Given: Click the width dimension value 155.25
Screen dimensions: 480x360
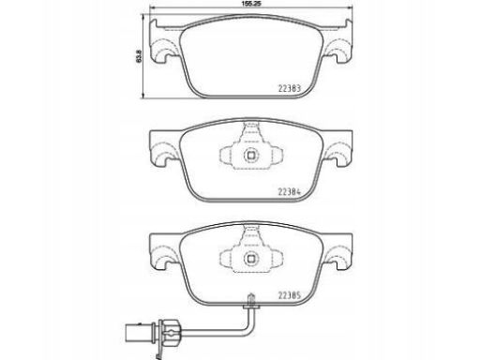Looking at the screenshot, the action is click(x=251, y=4).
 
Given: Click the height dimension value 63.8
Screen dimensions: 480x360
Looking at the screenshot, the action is click(x=139, y=55).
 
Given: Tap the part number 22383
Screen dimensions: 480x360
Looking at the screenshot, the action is click(x=290, y=88).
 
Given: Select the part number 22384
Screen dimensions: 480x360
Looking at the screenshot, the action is click(x=290, y=192).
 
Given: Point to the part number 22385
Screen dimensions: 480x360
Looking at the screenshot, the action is click(x=290, y=295).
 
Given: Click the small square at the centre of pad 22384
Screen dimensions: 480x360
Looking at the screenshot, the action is click(x=251, y=155).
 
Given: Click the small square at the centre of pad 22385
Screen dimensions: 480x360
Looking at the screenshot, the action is click(x=251, y=258).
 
